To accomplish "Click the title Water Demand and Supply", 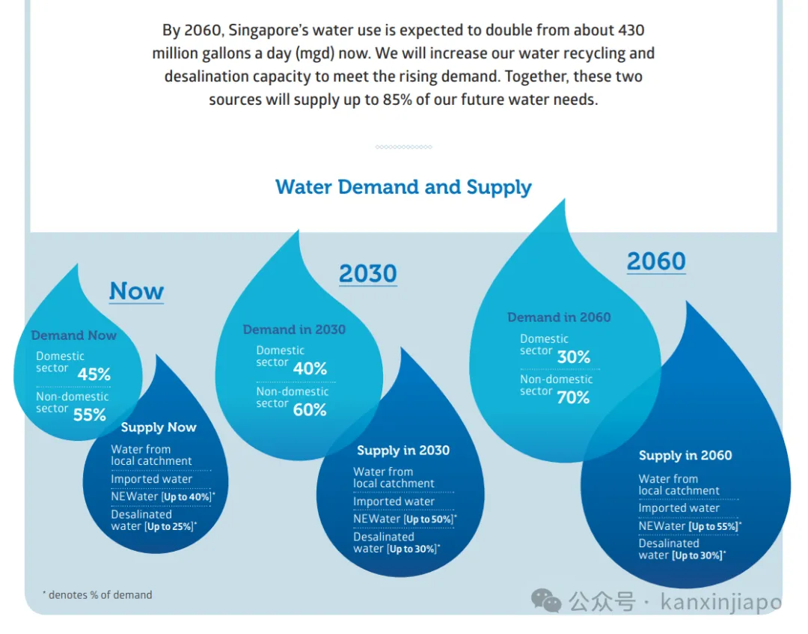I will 403,187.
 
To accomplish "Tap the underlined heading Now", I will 136,291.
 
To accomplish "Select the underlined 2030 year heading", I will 367,274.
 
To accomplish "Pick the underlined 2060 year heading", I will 655,261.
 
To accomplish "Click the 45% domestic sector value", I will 94,374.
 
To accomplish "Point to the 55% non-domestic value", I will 90,414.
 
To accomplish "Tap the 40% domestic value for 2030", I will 310,368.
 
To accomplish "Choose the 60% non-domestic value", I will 310,409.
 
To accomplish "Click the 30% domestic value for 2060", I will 574,357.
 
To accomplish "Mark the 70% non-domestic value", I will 573,397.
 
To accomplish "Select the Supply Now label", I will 159,427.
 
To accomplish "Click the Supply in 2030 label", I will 403,451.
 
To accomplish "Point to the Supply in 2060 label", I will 685,455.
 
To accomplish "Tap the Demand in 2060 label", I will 559,317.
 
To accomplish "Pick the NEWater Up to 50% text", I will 405,519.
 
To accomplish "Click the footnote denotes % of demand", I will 97,595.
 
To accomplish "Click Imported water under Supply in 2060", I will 679,508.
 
